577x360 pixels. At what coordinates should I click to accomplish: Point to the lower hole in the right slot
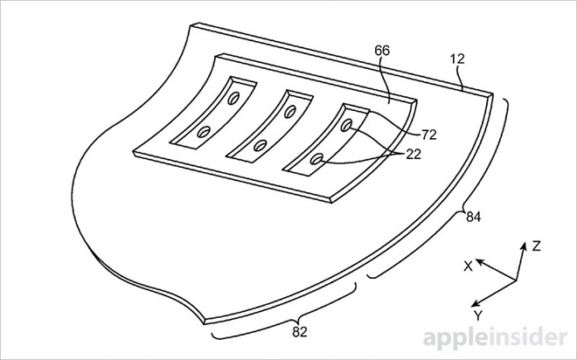(x=319, y=159)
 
